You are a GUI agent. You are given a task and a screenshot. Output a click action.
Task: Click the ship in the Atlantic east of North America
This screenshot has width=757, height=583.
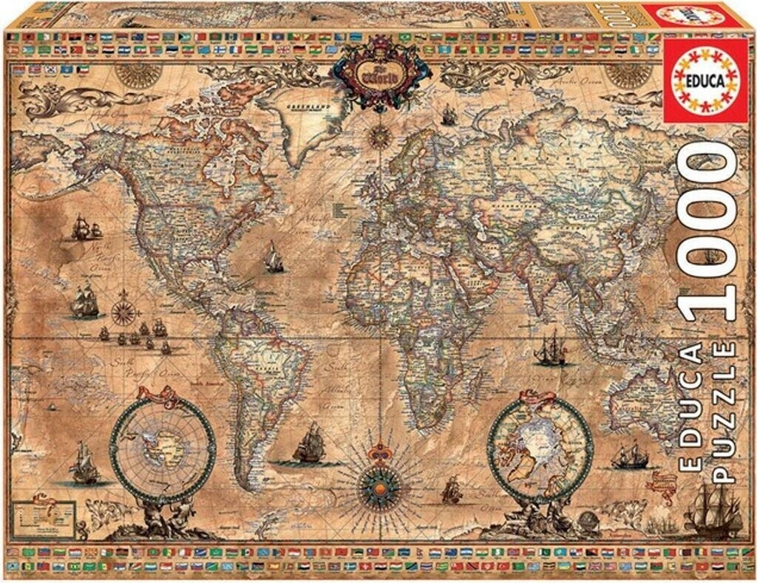tap(274, 259)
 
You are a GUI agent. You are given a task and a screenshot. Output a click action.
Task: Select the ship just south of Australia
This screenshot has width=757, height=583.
tap(629, 457)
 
